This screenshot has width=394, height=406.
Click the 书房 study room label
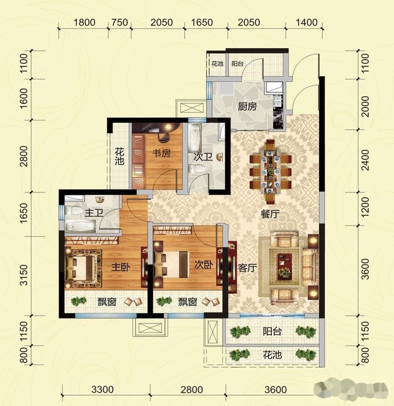pyautogui.click(x=161, y=153)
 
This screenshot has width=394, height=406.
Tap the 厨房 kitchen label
pyautogui.click(x=247, y=106)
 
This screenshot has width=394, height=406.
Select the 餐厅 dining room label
pyautogui.click(x=270, y=214)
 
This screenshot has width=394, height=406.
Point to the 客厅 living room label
pyautogui.click(x=247, y=268)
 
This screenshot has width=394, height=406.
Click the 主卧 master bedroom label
pyautogui.click(x=121, y=267)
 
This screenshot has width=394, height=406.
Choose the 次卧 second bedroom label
pyautogui.click(x=204, y=264)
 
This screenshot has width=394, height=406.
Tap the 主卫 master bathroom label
pyautogui.click(x=94, y=213)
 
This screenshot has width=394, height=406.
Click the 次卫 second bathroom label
pyautogui.click(x=203, y=157)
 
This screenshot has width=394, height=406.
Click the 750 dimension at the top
pyautogui.click(x=119, y=23)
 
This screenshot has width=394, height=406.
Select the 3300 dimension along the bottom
pyautogui.click(x=102, y=389)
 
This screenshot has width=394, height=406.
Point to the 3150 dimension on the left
pyautogui.click(x=24, y=275)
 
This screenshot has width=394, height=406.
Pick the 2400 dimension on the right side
pyautogui.click(x=365, y=160)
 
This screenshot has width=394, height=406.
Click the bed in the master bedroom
pyautogui.click(x=82, y=268)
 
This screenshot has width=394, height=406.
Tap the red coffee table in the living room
pyautogui.click(x=285, y=267)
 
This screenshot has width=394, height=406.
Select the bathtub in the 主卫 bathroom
pyautogui.click(x=80, y=226)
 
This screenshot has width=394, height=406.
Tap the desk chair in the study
pyautogui.click(x=163, y=138)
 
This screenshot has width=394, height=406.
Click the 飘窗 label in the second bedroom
pyautogui.click(x=188, y=302)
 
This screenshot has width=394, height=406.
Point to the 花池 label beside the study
pyautogui.click(x=119, y=156)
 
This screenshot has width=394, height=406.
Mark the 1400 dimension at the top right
pyautogui.click(x=306, y=23)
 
